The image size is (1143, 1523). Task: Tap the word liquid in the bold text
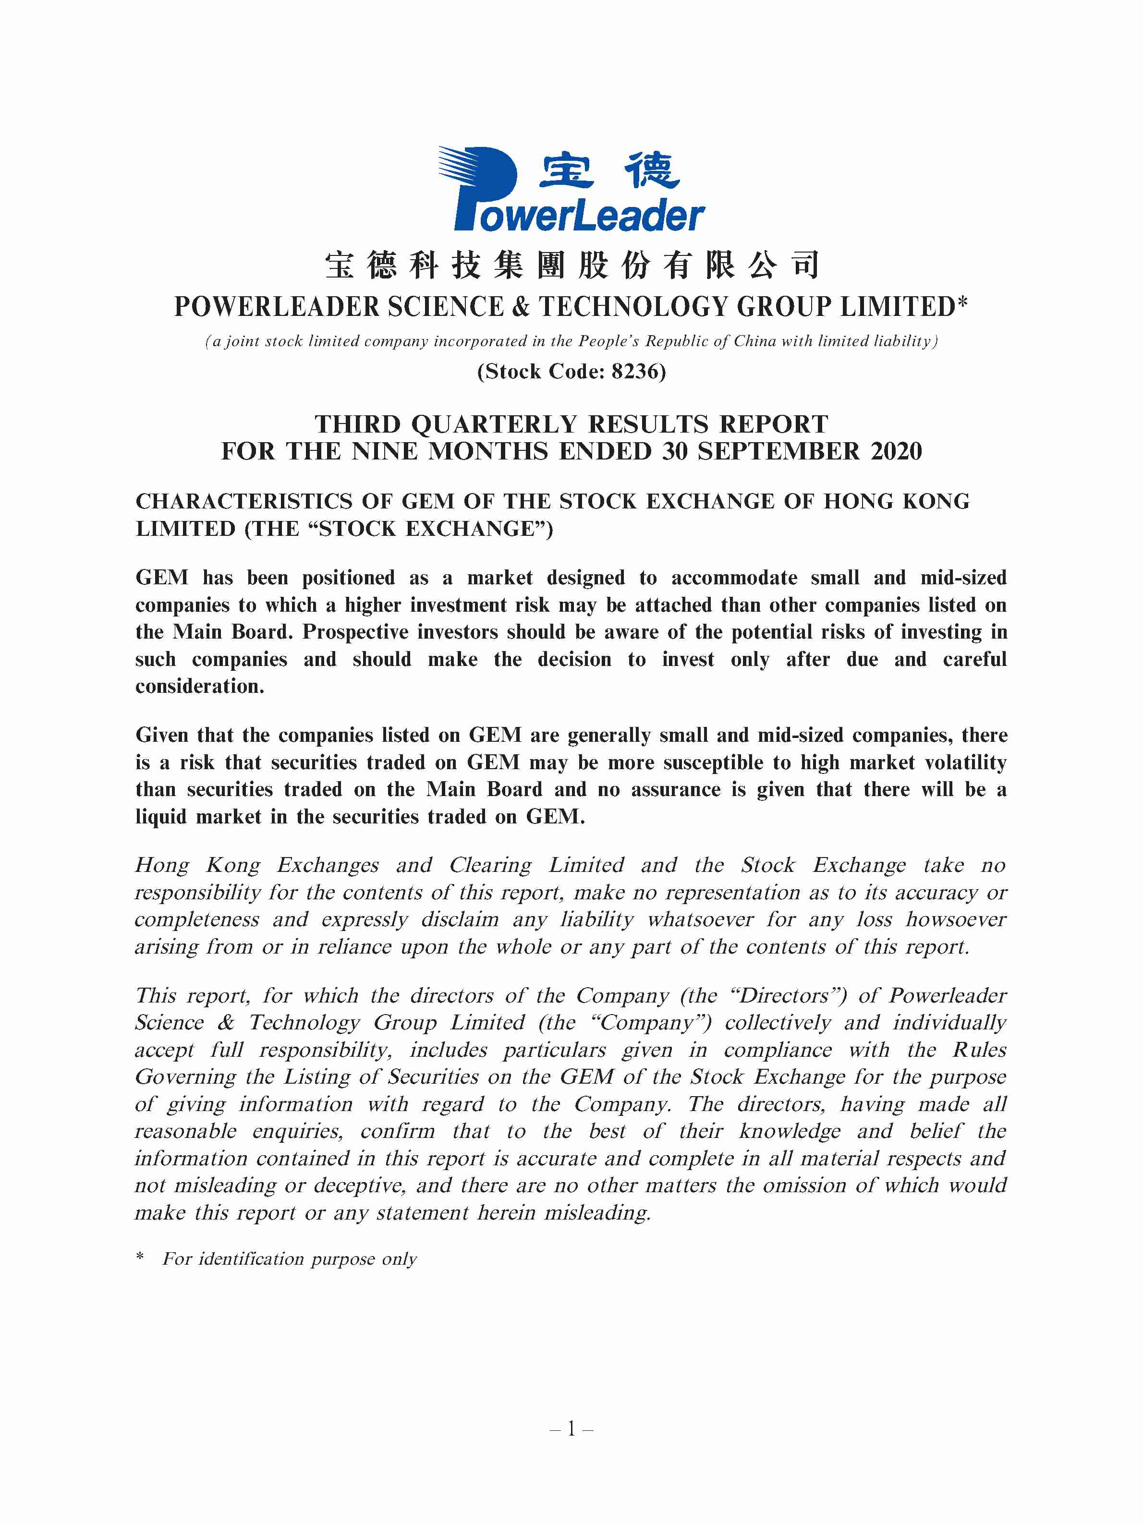[161, 817]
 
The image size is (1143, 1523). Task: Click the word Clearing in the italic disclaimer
[490, 866]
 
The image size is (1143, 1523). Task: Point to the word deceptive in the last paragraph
[359, 1185]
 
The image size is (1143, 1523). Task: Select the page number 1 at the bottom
[571, 1430]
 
